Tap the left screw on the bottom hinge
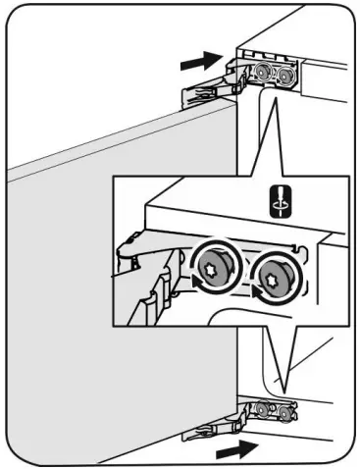tap(264, 410)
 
